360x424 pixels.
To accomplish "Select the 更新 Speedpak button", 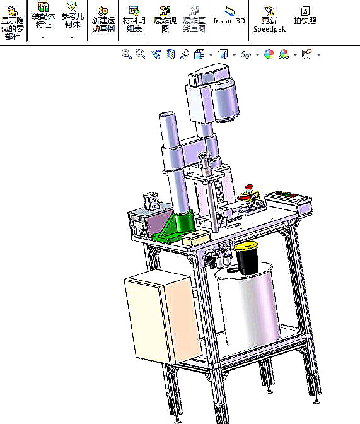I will pyautogui.click(x=269, y=19).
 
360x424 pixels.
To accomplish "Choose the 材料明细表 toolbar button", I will pyautogui.click(x=132, y=19).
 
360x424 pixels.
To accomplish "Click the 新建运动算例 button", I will pyautogui.click(x=103, y=19).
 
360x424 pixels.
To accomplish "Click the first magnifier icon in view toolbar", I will pyautogui.click(x=127, y=55).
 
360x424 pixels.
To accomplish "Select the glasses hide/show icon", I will pyautogui.click(x=246, y=55).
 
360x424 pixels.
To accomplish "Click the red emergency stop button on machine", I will pyautogui.click(x=249, y=187).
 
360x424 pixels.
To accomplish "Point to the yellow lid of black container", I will pyautogui.click(x=246, y=246).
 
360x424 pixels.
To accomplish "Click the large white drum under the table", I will pyautogui.click(x=246, y=309).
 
